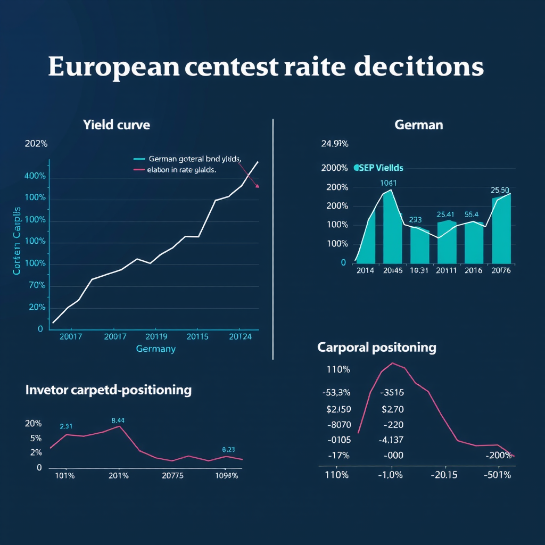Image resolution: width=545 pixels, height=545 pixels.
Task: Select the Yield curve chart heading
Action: pyautogui.click(x=116, y=125)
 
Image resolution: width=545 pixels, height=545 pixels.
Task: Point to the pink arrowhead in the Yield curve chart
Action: pyautogui.click(x=258, y=186)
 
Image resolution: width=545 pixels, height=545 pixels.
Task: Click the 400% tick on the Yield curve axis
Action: pyautogui.click(x=35, y=176)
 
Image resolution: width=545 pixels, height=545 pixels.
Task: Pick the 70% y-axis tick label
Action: pyautogui.click(x=36, y=285)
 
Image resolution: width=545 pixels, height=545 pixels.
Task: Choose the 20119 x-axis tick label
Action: pyautogui.click(x=156, y=336)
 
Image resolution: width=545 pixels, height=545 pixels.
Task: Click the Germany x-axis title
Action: pyautogui.click(x=155, y=349)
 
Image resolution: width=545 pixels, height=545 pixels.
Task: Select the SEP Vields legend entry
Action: pyautogui.click(x=378, y=168)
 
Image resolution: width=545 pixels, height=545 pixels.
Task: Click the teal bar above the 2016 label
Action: pyautogui.click(x=473, y=243)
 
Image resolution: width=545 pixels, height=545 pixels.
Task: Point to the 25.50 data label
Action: pyautogui.click(x=500, y=190)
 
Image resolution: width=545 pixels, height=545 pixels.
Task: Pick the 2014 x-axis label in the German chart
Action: pyautogui.click(x=365, y=270)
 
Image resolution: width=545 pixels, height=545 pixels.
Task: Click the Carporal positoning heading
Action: pyautogui.click(x=376, y=348)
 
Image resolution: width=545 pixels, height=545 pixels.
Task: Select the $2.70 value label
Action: pyautogui.click(x=393, y=409)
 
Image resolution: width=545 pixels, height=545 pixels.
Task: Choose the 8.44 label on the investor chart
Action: pyautogui.click(x=118, y=420)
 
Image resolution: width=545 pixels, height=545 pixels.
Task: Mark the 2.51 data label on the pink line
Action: pyautogui.click(x=66, y=426)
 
